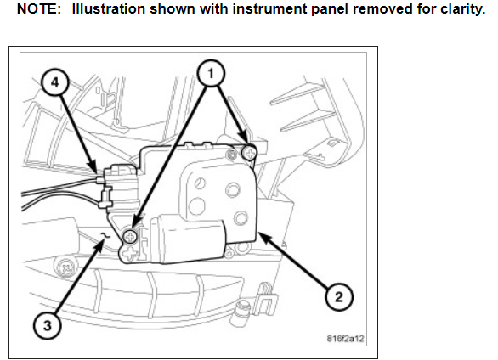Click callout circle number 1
click(x=211, y=73)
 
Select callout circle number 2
click(x=339, y=297)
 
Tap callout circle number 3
click(x=47, y=326)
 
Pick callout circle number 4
click(x=55, y=83)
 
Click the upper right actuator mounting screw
click(x=249, y=153)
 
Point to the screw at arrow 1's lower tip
click(x=130, y=236)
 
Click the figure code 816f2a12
click(x=345, y=339)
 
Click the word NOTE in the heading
click(x=39, y=8)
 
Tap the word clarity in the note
click(x=462, y=9)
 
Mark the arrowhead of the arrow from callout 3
click(x=100, y=245)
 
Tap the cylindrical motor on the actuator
click(x=188, y=239)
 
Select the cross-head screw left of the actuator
click(x=66, y=268)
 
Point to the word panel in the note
click(x=330, y=9)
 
